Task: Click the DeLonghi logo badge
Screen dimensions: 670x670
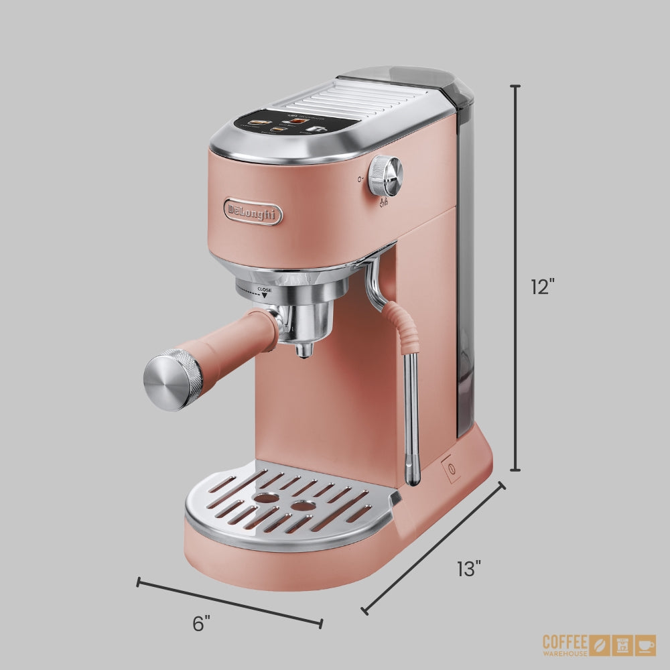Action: click(x=253, y=211)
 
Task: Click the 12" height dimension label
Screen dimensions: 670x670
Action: click(x=543, y=287)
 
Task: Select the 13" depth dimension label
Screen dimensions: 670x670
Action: click(x=469, y=569)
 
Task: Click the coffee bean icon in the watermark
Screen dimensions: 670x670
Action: click(x=600, y=645)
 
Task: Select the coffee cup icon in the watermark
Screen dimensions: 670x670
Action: click(x=646, y=645)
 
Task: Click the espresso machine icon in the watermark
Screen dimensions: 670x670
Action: click(x=623, y=645)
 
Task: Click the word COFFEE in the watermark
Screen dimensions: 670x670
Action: click(x=565, y=641)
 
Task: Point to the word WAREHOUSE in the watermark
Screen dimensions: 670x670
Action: click(x=565, y=653)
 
